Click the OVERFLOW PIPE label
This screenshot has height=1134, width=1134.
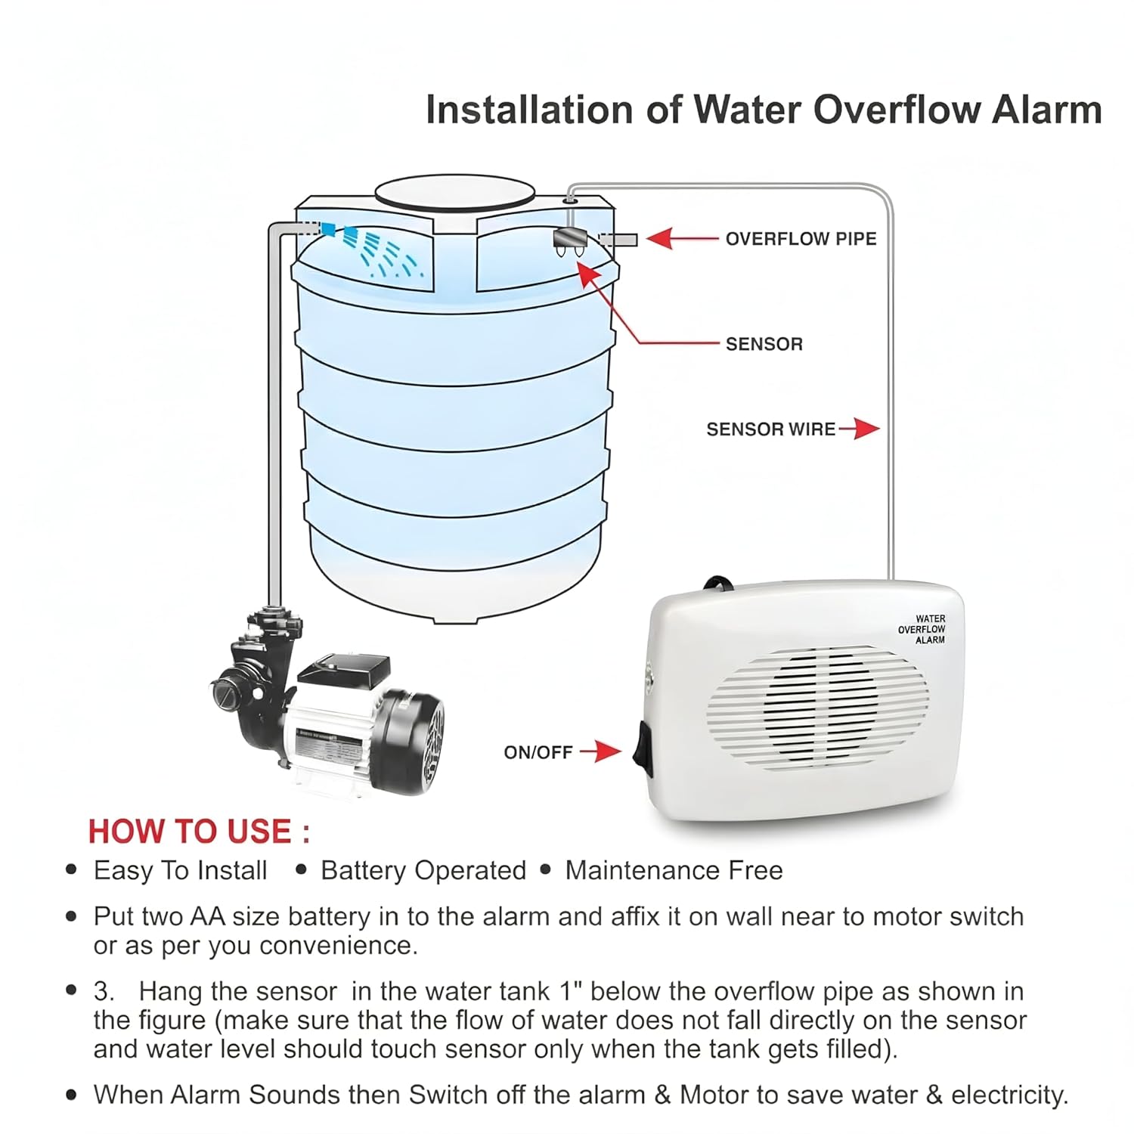coord(801,239)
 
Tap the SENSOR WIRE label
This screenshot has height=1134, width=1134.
coord(771,429)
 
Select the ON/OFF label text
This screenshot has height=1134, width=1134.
coord(538,752)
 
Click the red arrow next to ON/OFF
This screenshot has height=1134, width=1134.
coord(600,751)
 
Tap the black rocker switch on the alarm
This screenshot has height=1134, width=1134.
coord(646,748)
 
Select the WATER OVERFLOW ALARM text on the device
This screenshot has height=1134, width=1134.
coord(922,629)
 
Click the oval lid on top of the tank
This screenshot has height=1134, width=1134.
coord(455,194)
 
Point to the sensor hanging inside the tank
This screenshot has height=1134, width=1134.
coord(571,242)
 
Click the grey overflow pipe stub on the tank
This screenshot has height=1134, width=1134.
coord(619,240)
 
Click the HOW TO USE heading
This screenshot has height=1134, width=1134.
coord(199,832)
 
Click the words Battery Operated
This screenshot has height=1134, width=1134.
coord(423,871)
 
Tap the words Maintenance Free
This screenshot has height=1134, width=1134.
coord(674,870)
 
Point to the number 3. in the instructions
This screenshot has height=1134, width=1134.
coord(104,991)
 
